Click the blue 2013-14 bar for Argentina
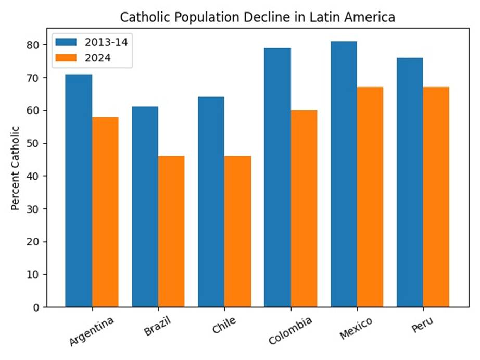(79, 190)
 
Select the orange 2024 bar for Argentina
(105, 212)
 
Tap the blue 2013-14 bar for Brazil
(145, 206)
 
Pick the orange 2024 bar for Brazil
(171, 231)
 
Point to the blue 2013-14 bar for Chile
(211, 202)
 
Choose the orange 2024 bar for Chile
(238, 231)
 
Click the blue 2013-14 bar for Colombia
(277, 177)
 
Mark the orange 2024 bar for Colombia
(304, 208)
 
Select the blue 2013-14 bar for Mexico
(344, 174)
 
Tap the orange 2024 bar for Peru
(436, 197)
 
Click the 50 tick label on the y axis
(34, 143)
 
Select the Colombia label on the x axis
(290, 330)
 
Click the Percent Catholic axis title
(15, 168)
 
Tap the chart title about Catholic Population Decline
(257, 17)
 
